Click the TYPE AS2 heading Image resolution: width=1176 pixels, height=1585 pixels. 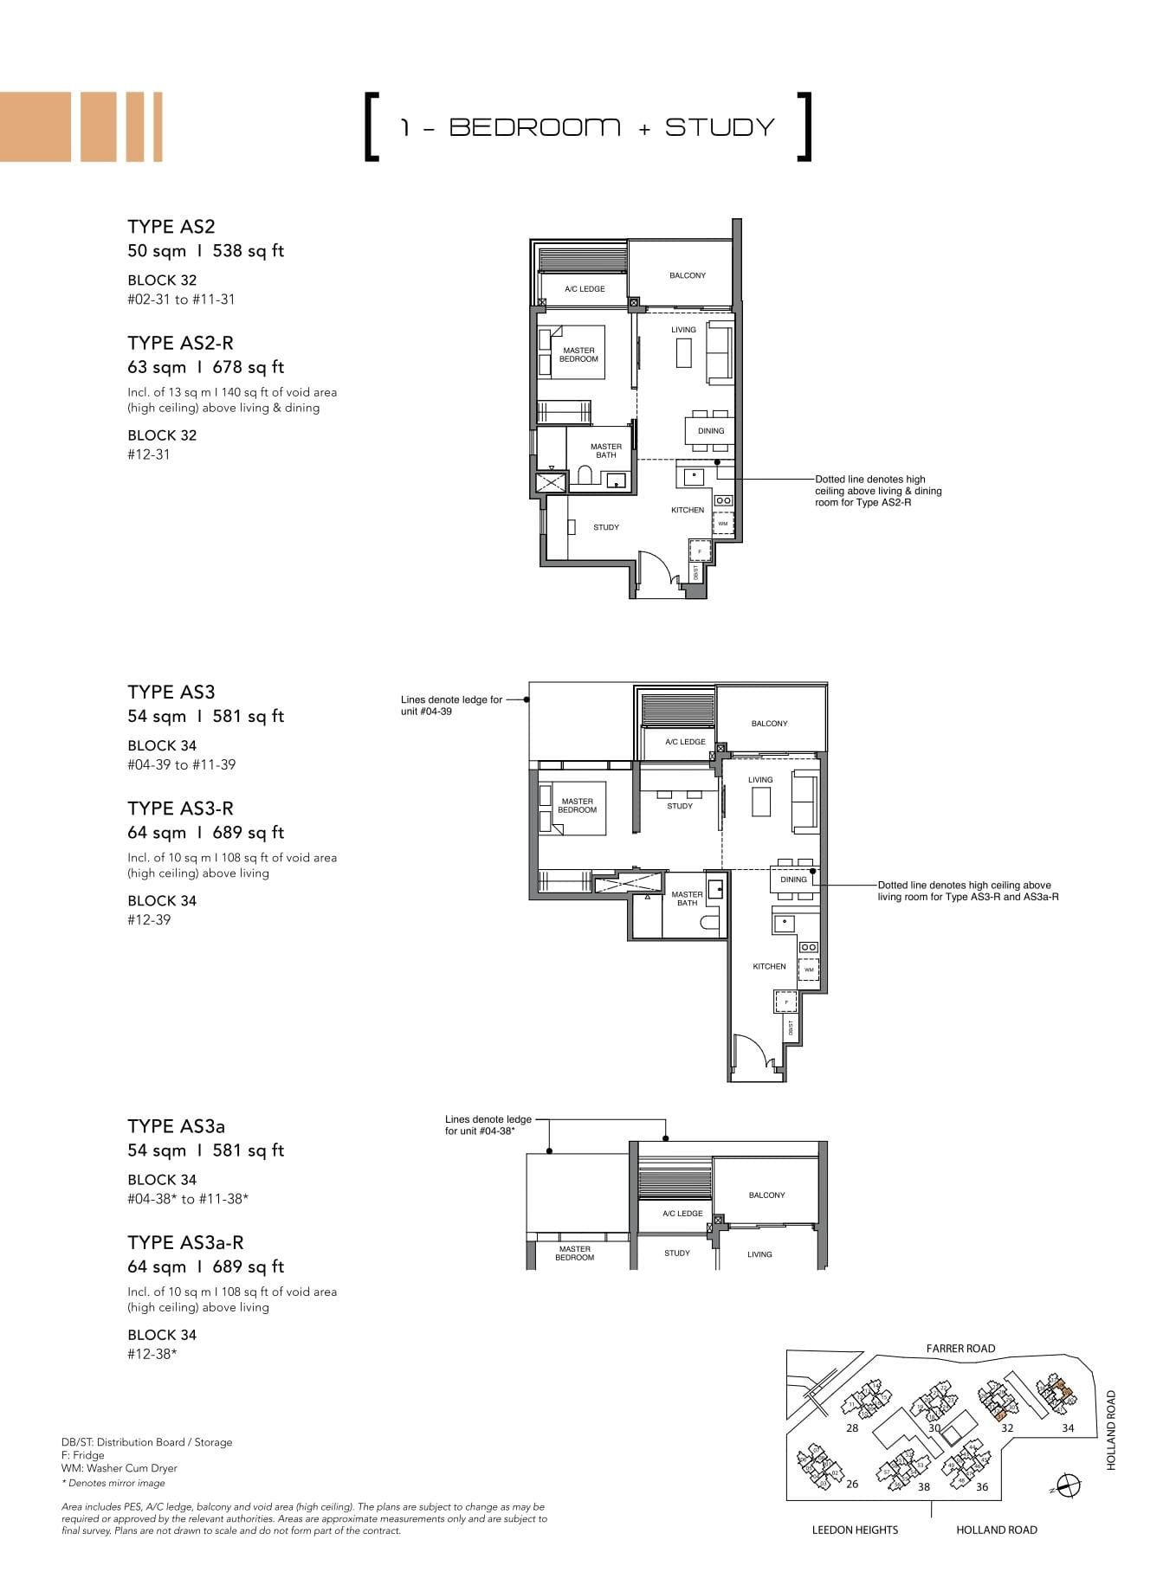pyautogui.click(x=171, y=227)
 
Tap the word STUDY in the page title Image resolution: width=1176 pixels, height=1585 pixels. pyautogui.click(x=720, y=127)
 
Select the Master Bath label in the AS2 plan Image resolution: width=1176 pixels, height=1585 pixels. pyautogui.click(x=606, y=451)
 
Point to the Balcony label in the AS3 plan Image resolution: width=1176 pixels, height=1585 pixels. pyautogui.click(x=769, y=724)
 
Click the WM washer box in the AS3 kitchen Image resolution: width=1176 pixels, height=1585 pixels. pyautogui.click(x=809, y=970)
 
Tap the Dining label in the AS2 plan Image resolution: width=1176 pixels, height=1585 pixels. pyautogui.click(x=711, y=431)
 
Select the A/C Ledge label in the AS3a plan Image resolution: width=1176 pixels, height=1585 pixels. pyautogui.click(x=682, y=1214)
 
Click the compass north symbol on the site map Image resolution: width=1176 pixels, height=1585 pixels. pyautogui.click(x=1069, y=1485)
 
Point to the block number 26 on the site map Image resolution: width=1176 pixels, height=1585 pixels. pyautogui.click(x=852, y=1484)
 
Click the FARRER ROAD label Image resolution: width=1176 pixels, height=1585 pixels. pyautogui.click(x=960, y=1349)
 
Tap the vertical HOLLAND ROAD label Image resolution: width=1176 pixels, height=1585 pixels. pyautogui.click(x=1112, y=1430)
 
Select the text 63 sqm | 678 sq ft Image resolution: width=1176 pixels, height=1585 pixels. pyautogui.click(x=206, y=367)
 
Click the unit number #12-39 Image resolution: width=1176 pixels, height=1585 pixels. pyautogui.click(x=149, y=920)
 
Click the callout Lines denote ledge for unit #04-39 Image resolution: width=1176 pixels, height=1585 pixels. pyautogui.click(x=451, y=706)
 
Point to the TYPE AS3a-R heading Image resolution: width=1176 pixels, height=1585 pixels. pyautogui.click(x=185, y=1243)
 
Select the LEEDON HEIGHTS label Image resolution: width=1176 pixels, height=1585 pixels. pyautogui.click(x=855, y=1530)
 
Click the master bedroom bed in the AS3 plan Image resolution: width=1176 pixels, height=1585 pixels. pyautogui.click(x=572, y=808)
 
